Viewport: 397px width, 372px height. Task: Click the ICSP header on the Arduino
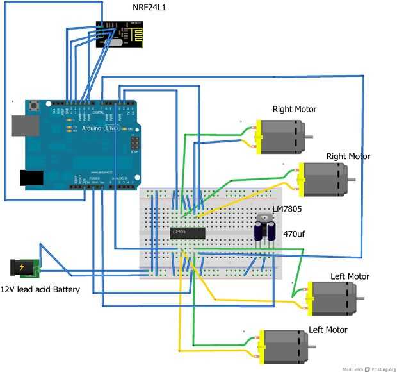point(135,144)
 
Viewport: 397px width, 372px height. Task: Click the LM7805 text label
point(287,209)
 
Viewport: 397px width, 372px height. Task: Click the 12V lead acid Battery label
point(40,289)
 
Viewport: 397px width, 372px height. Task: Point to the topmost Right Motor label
point(295,109)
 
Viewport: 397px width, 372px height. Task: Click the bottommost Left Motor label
point(328,330)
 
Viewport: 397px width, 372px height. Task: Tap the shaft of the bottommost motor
point(312,344)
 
